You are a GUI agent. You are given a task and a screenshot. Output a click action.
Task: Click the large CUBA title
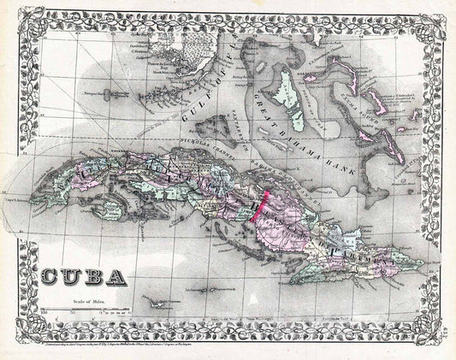(x=84, y=277)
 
